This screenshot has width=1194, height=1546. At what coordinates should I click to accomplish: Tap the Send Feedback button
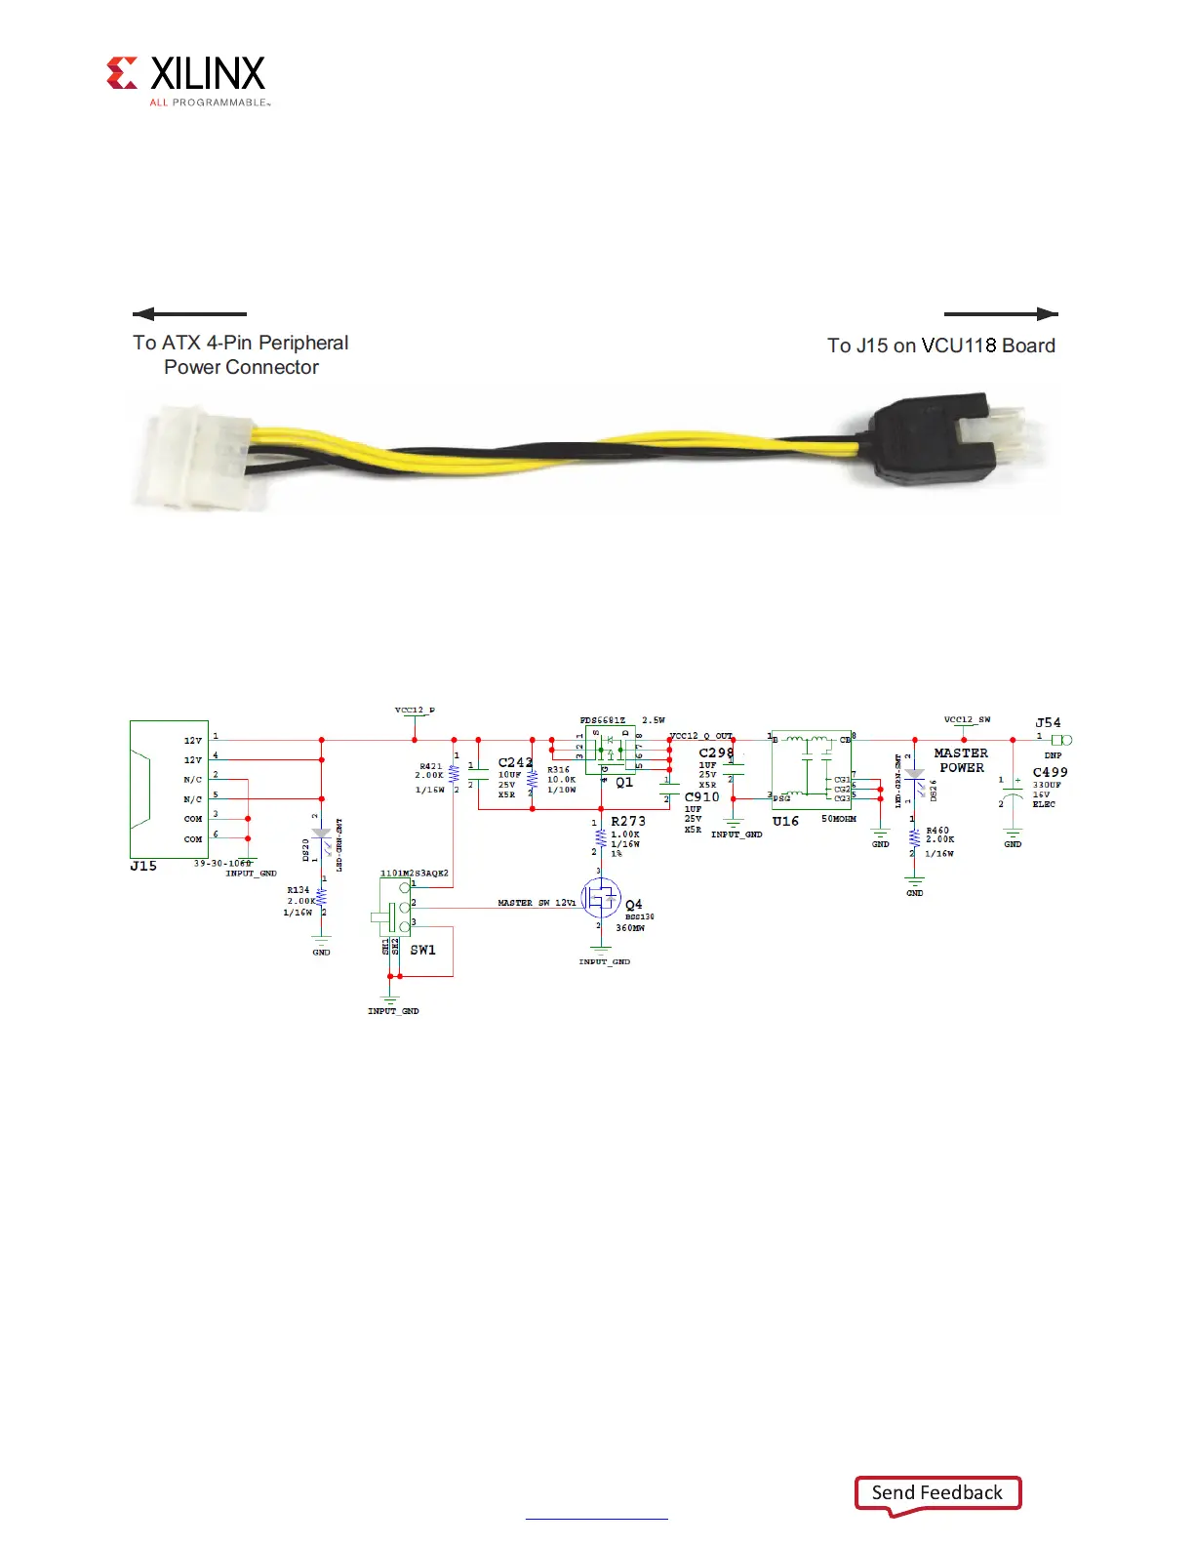(937, 1493)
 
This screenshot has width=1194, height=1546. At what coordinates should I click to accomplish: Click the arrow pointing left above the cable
(189, 314)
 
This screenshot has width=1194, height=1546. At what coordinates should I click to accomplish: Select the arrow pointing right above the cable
(1001, 314)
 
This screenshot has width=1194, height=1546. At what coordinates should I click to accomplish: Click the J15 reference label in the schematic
(143, 866)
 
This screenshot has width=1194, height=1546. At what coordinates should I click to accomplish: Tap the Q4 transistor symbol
(601, 898)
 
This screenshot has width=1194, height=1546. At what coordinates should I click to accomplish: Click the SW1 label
(422, 950)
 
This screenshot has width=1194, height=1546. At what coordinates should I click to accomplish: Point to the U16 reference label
(785, 822)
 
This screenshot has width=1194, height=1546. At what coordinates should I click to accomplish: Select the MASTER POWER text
(961, 760)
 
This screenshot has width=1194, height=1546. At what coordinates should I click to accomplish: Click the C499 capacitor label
(1050, 772)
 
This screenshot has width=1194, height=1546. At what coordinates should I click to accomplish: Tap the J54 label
(1048, 723)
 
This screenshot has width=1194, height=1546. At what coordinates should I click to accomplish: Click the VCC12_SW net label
(967, 719)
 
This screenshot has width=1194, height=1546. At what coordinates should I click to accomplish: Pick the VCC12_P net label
(415, 711)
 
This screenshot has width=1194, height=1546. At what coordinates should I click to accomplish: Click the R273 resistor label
(628, 822)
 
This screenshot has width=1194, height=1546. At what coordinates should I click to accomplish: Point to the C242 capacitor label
(515, 762)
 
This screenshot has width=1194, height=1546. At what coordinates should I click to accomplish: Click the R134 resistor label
(298, 890)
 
